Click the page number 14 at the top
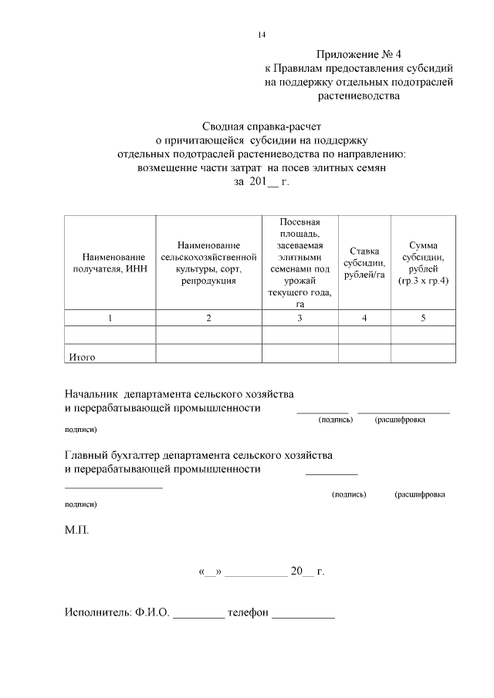[262, 35]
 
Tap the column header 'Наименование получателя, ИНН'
[109, 262]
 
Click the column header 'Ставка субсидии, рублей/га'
[364, 262]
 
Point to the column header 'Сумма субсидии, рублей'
[423, 263]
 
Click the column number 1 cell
[109, 319]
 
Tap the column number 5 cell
[423, 319]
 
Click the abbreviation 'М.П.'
[76, 531]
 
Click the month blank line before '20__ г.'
[258, 574]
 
